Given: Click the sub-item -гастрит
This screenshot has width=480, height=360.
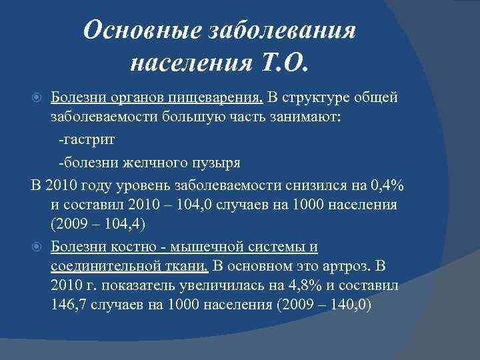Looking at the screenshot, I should click(x=87, y=140).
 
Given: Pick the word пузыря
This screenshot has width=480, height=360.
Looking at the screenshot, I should click(x=216, y=161).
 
